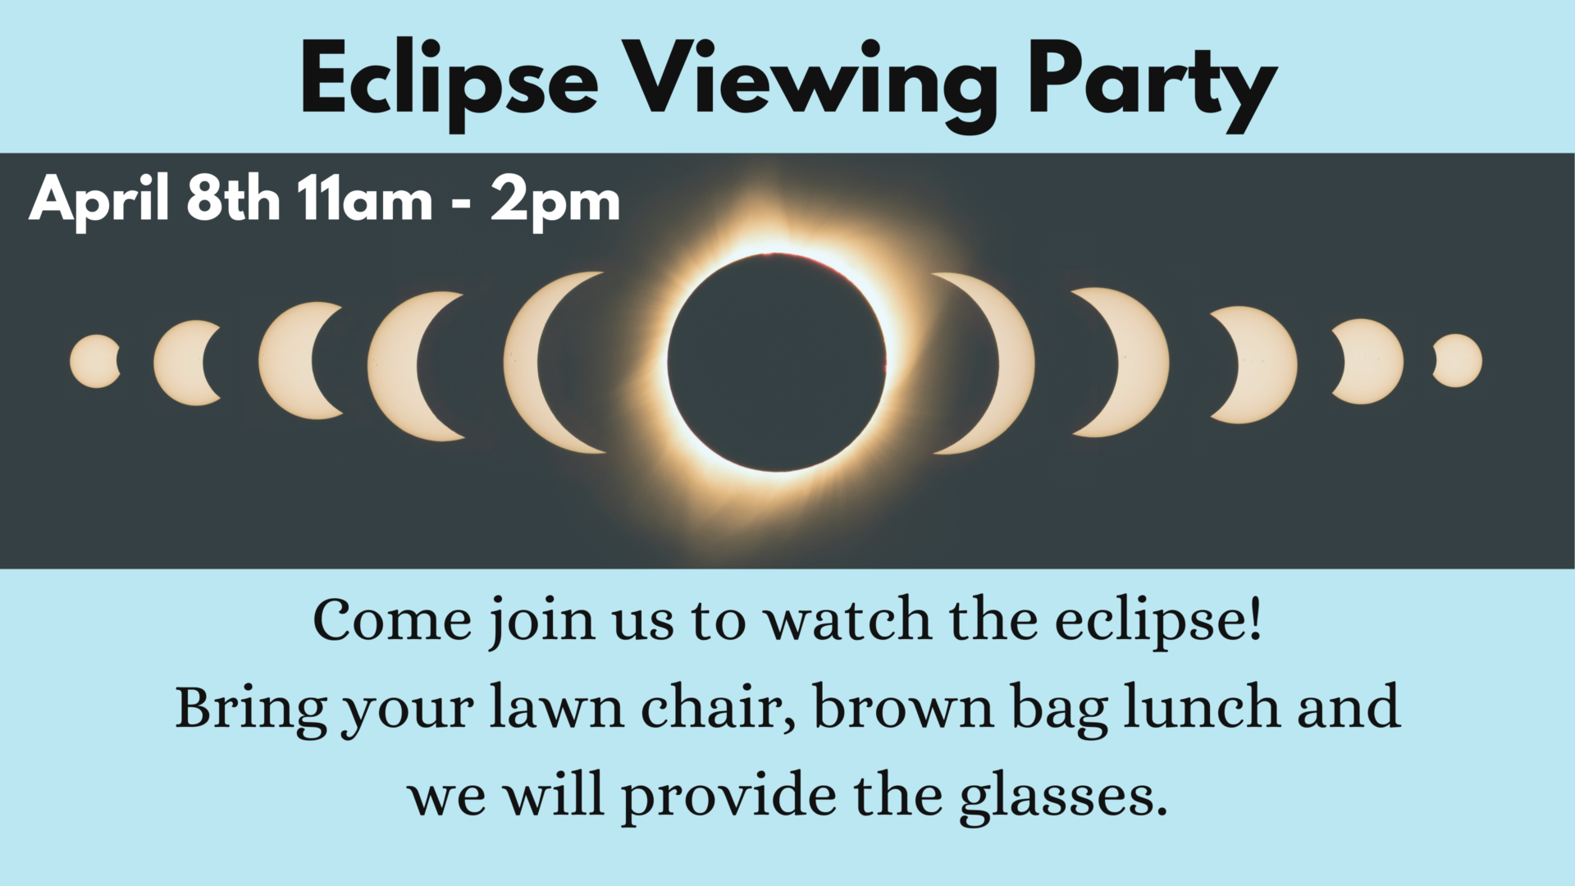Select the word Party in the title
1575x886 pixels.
pos(1152,85)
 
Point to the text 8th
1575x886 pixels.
pos(233,199)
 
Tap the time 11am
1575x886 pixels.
pos(365,199)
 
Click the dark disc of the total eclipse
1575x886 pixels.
pos(777,363)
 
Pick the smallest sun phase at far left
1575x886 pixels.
pos(94,361)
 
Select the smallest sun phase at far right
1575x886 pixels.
pos(1459,360)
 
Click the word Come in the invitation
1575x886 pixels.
pos(392,620)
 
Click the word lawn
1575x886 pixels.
pos(557,707)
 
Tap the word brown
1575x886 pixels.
pos(903,707)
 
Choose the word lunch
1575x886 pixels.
pos(1203,707)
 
